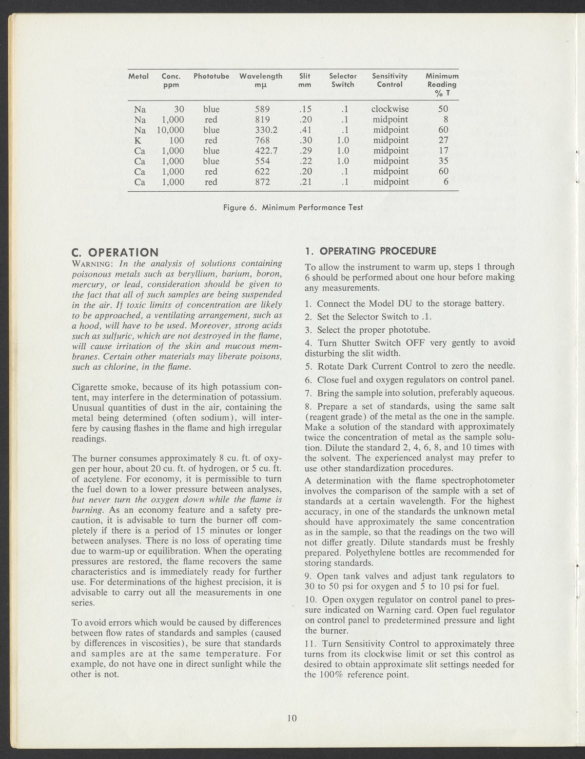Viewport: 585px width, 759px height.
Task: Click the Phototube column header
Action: (211, 76)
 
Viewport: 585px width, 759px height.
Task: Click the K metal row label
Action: (138, 140)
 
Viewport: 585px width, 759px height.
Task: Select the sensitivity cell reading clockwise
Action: (390, 109)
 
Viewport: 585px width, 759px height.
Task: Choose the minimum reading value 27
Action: (443, 140)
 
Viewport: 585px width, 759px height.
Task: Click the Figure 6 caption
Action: (292, 207)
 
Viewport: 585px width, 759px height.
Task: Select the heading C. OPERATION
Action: (115, 252)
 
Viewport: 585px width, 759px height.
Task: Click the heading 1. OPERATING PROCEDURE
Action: (369, 251)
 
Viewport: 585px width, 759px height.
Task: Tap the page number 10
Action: (292, 718)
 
